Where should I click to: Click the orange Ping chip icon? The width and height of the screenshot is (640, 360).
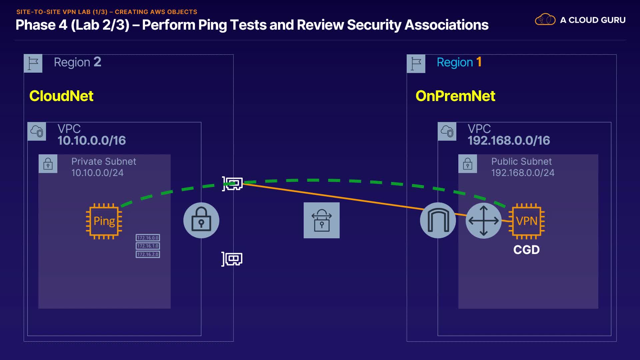click(104, 221)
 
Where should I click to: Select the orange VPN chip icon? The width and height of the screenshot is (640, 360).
click(527, 221)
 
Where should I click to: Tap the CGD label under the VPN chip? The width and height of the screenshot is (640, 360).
click(526, 250)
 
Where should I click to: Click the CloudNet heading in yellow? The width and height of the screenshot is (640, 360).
click(61, 96)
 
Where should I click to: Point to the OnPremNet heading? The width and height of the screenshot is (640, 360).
click(455, 96)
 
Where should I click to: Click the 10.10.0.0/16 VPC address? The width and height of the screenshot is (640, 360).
click(92, 140)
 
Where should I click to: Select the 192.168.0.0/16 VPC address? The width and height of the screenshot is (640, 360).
click(509, 140)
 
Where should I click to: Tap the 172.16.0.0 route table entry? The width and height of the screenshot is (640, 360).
click(148, 238)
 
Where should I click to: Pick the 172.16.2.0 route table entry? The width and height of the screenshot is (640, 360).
click(148, 254)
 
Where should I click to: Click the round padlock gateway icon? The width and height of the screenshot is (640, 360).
click(201, 220)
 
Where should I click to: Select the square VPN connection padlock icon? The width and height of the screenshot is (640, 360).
click(322, 220)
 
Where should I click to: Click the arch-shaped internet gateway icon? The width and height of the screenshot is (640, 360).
click(438, 220)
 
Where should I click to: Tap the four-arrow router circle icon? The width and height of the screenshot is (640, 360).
click(484, 220)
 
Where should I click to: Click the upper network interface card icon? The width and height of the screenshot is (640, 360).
click(233, 184)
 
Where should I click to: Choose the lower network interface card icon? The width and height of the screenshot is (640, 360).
click(232, 259)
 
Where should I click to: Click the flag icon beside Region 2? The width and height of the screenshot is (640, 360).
click(33, 63)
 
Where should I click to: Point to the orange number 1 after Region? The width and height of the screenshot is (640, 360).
click(479, 62)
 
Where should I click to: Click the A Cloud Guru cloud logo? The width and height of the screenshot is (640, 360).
click(545, 20)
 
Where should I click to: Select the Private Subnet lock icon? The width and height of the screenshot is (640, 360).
click(48, 164)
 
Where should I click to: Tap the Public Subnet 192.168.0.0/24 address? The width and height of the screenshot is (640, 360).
click(523, 173)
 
